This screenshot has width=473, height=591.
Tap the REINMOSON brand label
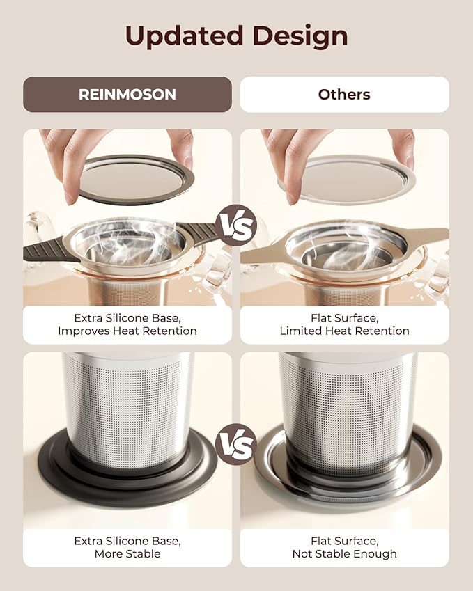click(x=127, y=95)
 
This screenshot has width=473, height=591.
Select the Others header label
click(x=344, y=95)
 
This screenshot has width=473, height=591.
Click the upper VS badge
click(x=236, y=226)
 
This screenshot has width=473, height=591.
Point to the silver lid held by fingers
click(x=348, y=179)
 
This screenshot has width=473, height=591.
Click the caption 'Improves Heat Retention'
click(x=127, y=331)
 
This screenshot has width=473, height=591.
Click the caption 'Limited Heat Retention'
click(x=344, y=331)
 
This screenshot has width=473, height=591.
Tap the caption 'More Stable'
click(x=127, y=554)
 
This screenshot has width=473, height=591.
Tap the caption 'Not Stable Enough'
click(x=344, y=554)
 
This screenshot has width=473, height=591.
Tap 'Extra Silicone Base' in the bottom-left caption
click(x=127, y=540)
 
